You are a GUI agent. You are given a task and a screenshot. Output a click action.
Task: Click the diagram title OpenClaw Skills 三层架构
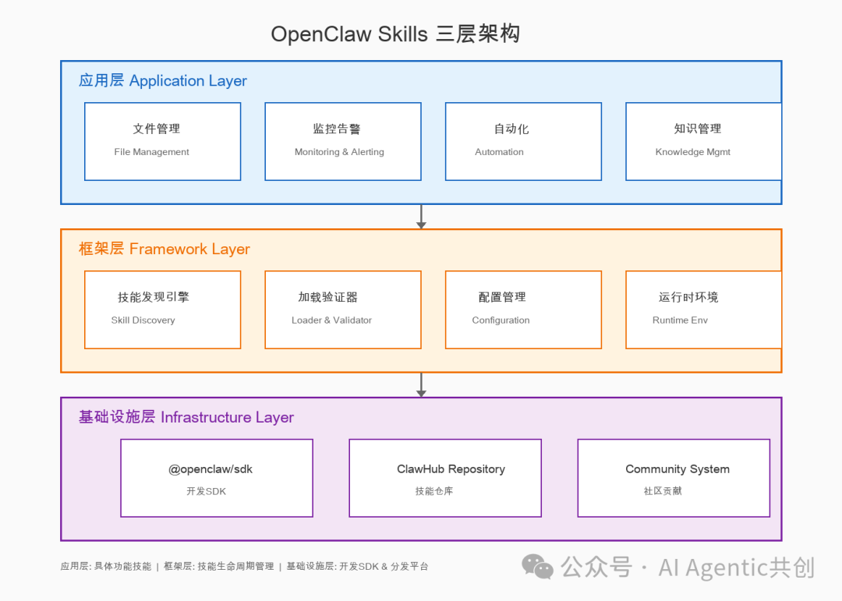click(x=395, y=34)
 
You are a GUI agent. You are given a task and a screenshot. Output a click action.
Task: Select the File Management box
click(x=162, y=141)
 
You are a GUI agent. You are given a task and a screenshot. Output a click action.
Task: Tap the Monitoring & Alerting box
click(x=343, y=141)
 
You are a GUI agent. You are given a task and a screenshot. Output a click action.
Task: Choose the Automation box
click(x=523, y=141)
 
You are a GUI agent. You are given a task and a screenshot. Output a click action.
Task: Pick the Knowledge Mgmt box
click(x=703, y=141)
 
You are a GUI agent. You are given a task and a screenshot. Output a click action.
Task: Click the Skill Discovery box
click(x=162, y=309)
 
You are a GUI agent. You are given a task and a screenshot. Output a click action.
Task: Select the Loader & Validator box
click(x=343, y=309)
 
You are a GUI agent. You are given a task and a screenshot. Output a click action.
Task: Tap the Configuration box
click(x=523, y=309)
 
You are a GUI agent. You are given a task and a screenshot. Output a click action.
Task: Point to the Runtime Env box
click(x=703, y=309)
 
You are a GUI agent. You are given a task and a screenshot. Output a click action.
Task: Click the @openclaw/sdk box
click(x=217, y=478)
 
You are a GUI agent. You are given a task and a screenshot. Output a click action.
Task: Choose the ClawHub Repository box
click(x=445, y=478)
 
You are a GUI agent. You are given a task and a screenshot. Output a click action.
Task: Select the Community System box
click(x=674, y=478)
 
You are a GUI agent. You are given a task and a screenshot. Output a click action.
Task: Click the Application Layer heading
click(x=163, y=81)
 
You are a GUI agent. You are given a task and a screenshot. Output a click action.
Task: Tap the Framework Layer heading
click(x=165, y=249)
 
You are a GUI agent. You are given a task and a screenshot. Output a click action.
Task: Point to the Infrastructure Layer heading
click(x=186, y=418)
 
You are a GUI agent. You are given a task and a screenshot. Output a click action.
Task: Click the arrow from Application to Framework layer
click(x=421, y=217)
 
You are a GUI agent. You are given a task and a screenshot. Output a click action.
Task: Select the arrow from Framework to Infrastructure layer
click(x=421, y=385)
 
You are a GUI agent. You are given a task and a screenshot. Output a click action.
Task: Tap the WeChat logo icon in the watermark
click(x=538, y=567)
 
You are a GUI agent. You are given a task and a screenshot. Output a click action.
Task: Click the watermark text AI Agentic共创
click(x=736, y=567)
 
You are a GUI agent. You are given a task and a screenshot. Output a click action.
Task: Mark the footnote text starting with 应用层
click(x=244, y=567)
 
